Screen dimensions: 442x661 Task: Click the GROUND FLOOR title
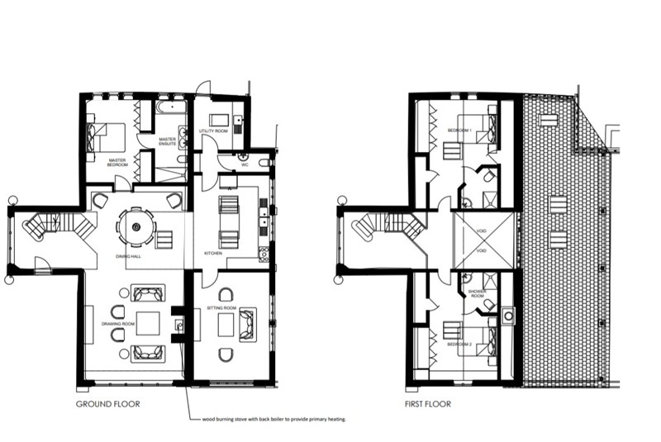tap(107, 404)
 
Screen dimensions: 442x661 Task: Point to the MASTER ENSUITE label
tap(168, 141)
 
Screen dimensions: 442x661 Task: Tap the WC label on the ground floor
tap(245, 164)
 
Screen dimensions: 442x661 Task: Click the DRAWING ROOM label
tap(117, 324)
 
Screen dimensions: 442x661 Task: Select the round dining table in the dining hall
tap(135, 226)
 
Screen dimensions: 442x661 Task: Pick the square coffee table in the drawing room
tap(148, 324)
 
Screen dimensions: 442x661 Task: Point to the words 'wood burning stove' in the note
tap(232, 419)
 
